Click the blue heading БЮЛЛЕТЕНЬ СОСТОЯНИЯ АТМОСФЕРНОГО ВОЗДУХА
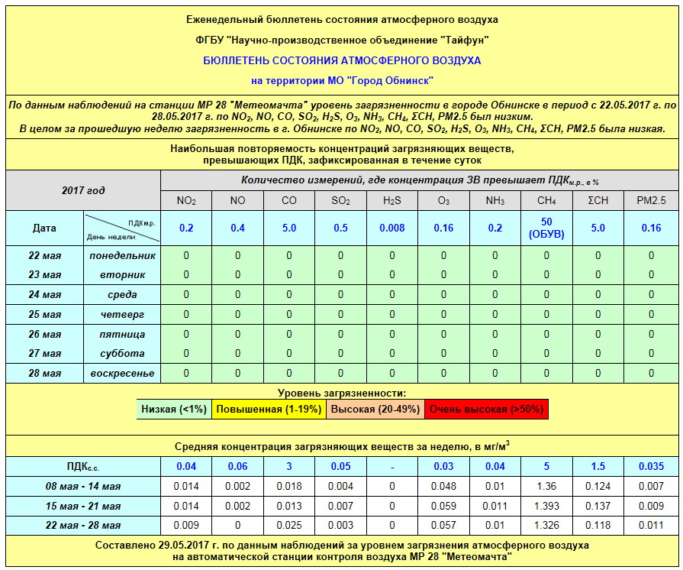[341, 60]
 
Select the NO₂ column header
[186, 201]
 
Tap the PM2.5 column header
[651, 201]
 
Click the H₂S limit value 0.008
[392, 228]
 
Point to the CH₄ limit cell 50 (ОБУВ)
[546, 228]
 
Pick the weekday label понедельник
[122, 255]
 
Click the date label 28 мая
[45, 374]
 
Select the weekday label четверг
[122, 315]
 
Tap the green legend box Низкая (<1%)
[174, 410]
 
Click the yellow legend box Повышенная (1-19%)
[269, 410]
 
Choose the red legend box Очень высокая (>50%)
[486, 410]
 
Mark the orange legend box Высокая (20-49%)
[375, 410]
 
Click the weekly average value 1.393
[546, 507]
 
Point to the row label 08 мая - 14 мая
[83, 487]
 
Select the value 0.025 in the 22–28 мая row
[289, 526]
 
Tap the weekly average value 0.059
[443, 507]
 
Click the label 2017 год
[83, 190]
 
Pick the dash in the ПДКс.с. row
[392, 467]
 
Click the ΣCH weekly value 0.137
[598, 507]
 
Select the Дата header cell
[45, 228]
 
